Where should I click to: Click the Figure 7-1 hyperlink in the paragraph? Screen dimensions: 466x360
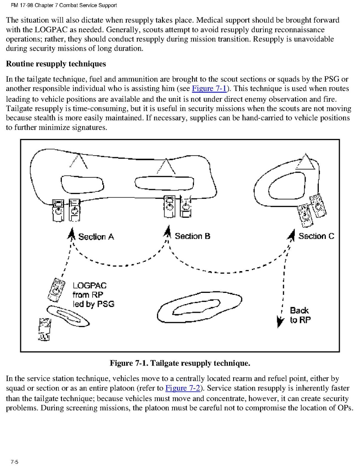pyautogui.click(x=209, y=89)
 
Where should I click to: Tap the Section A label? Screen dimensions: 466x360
pyautogui.click(x=96, y=237)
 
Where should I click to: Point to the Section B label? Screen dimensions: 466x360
pyautogui.click(x=192, y=236)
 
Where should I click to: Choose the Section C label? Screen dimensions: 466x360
pyautogui.click(x=316, y=236)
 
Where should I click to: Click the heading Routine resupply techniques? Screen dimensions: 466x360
pyautogui.click(x=56, y=64)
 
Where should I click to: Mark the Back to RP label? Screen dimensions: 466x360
pyautogui.click(x=300, y=315)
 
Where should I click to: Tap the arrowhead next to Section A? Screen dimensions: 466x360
pyautogui.click(x=72, y=234)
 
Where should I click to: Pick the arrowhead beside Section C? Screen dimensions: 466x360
pyautogui.click(x=291, y=234)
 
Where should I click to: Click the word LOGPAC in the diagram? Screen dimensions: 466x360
pyautogui.click(x=89, y=285)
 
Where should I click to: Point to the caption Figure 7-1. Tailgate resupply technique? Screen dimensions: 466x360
pyautogui.click(x=180, y=363)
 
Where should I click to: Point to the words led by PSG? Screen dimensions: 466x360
pyautogui.click(x=93, y=304)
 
